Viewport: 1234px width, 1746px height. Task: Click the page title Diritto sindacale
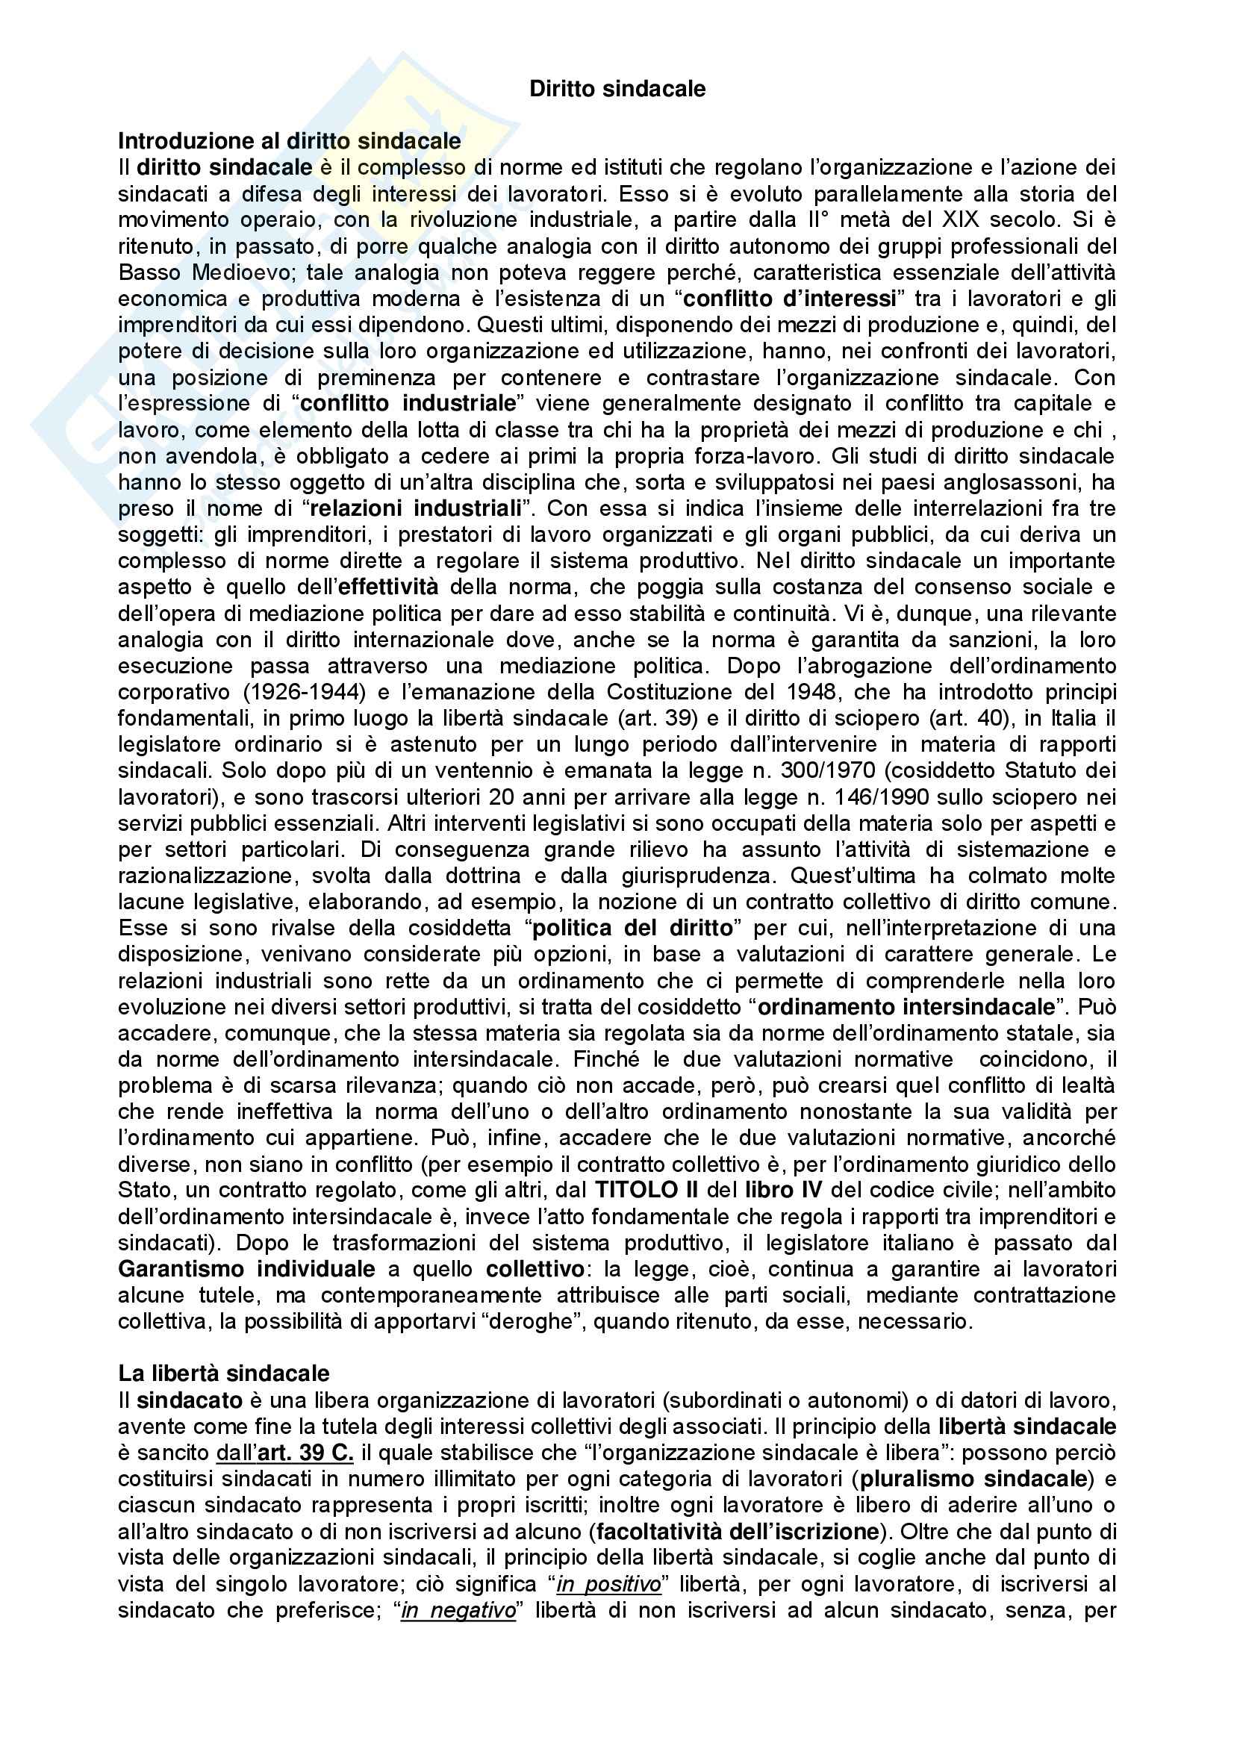(617, 89)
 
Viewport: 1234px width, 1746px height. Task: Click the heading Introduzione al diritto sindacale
(289, 140)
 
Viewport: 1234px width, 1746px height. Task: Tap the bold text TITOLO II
(647, 1190)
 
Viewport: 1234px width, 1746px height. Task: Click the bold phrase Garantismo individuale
(246, 1268)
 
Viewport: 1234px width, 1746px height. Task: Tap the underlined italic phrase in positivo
(608, 1584)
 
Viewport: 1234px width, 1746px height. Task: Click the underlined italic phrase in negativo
(458, 1610)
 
